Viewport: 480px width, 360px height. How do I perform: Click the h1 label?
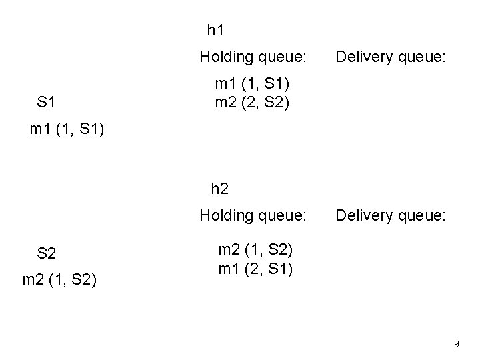point(215,30)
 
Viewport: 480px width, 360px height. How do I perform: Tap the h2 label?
point(219,189)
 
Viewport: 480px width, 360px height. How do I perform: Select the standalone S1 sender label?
point(46,103)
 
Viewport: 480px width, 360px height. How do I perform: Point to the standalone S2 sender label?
point(47,253)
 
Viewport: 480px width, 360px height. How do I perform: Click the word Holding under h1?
point(226,57)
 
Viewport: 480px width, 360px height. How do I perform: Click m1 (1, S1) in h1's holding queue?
point(252,84)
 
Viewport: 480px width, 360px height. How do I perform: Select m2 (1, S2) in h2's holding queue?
point(256,251)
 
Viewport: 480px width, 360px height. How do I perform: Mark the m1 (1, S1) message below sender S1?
point(68,129)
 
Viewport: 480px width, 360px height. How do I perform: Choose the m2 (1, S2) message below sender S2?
point(60,281)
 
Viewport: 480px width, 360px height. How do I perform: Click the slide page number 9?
point(457,344)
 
